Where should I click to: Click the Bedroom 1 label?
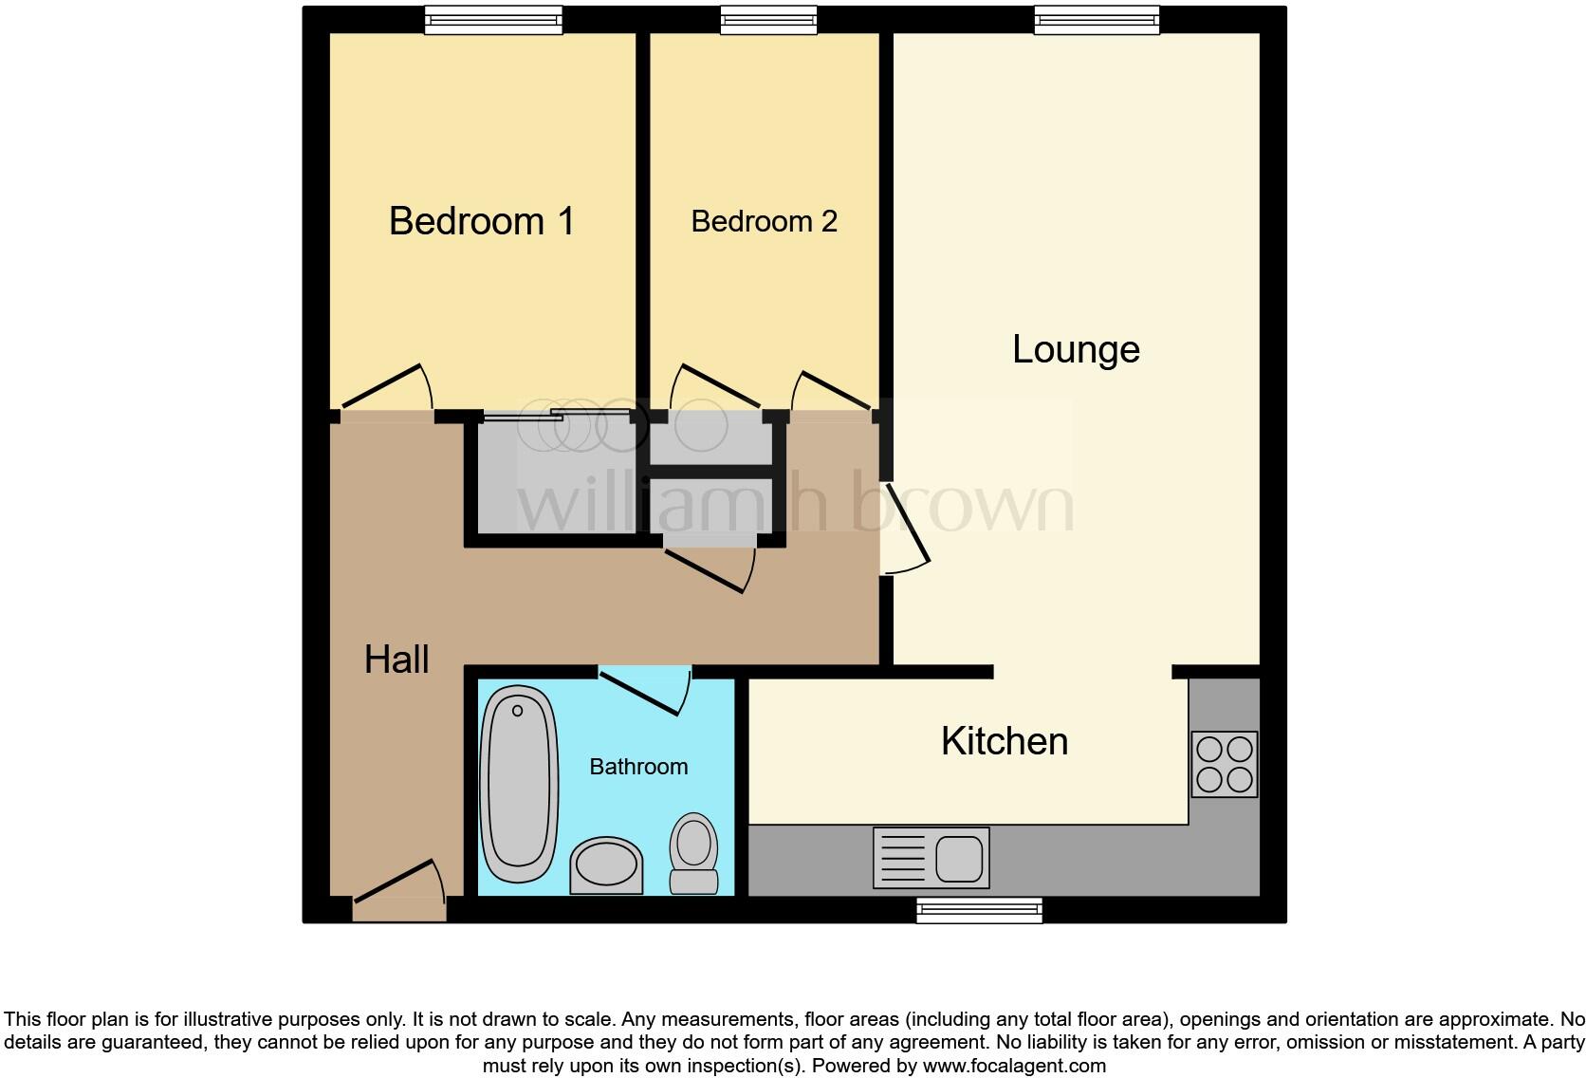[x=481, y=221]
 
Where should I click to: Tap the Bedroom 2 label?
[x=764, y=221]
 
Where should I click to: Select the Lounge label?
[x=1076, y=349]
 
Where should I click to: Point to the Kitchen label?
[x=1005, y=741]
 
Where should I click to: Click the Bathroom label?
[x=638, y=767]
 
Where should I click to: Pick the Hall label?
[x=396, y=660]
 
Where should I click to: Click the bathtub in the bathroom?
[x=518, y=786]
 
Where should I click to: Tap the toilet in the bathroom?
[x=694, y=852]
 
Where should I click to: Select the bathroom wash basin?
[x=606, y=864]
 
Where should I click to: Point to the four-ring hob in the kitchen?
[x=1224, y=764]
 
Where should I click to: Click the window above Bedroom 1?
[x=493, y=20]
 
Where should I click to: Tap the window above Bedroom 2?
[x=768, y=20]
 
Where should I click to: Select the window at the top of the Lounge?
[x=1097, y=20]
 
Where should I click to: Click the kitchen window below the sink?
[x=979, y=911]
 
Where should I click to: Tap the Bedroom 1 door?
[x=385, y=389]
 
